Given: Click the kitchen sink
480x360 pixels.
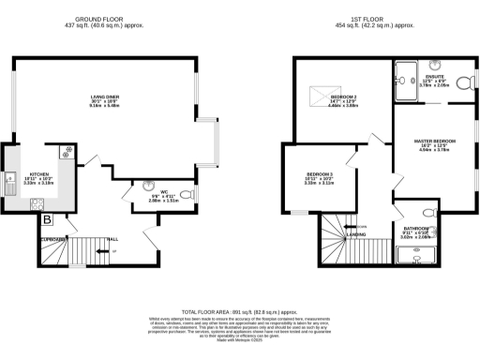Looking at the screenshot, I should coord(10,181).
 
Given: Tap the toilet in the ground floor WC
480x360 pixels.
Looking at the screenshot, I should coord(186,194).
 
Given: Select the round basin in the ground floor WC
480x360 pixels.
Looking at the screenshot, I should coord(148,185).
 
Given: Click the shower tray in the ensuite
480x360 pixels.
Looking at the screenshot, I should coord(406,74).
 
